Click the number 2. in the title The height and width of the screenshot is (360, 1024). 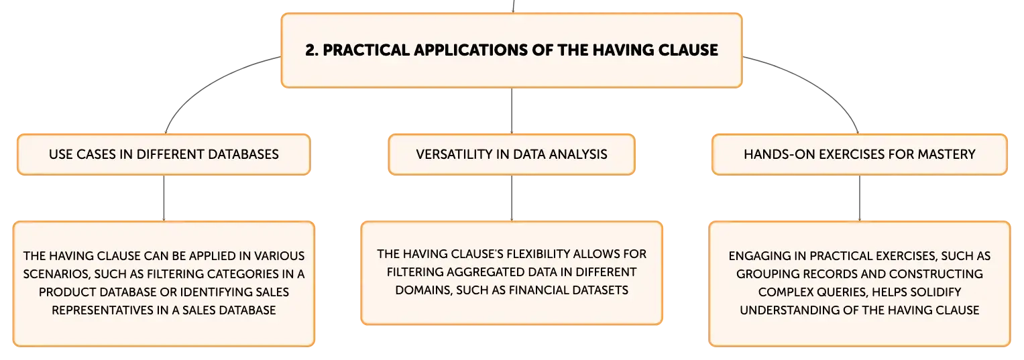(311, 50)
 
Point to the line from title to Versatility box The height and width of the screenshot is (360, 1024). (512, 111)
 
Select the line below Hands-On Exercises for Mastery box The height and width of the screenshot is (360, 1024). (860, 198)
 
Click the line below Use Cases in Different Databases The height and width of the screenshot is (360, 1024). (164, 198)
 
